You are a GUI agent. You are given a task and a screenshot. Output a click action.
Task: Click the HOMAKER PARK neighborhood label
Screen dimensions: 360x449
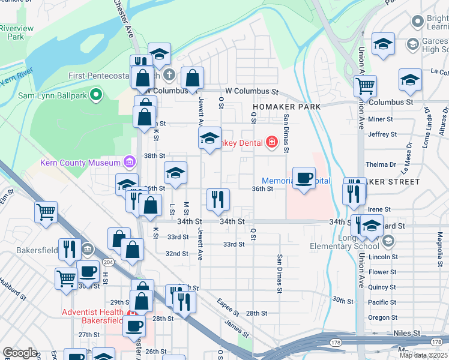click(x=286, y=106)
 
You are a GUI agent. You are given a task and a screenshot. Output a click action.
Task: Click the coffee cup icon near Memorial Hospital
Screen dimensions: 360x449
click(x=304, y=178)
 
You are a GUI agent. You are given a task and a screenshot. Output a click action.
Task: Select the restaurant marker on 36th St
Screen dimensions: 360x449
click(x=218, y=199)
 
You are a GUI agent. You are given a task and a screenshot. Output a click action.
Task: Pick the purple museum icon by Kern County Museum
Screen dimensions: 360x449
click(x=128, y=162)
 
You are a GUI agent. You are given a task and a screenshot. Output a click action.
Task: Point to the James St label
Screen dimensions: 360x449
click(x=236, y=328)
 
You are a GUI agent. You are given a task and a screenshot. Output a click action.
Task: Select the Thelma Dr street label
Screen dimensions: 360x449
click(x=382, y=164)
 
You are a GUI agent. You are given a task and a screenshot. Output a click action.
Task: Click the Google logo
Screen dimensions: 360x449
click(x=20, y=353)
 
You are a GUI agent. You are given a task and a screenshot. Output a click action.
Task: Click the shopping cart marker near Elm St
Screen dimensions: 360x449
click(x=46, y=211)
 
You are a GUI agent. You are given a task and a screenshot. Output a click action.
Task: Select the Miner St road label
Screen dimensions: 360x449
click(x=380, y=119)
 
